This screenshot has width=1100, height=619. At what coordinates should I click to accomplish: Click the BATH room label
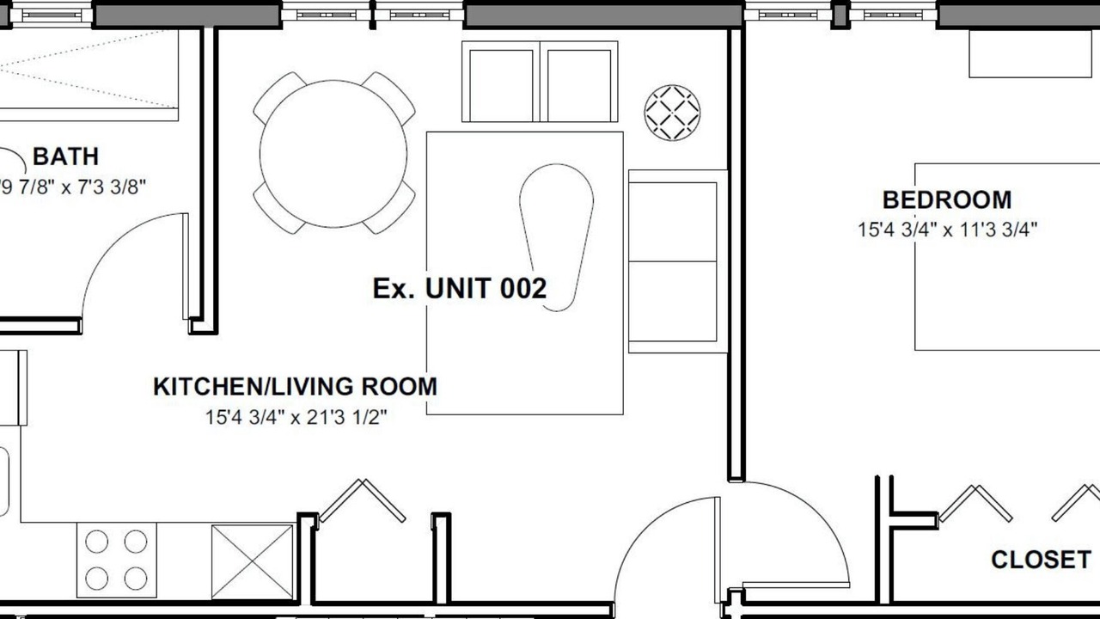[66, 156]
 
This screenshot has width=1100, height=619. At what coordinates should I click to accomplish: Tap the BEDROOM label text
[947, 200]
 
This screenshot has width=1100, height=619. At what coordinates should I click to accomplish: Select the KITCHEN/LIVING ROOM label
[295, 387]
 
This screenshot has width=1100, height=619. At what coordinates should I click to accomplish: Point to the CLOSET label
[1041, 560]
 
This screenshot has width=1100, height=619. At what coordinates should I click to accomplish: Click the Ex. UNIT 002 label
[460, 288]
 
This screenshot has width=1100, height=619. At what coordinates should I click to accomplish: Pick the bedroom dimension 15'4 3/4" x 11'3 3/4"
[947, 230]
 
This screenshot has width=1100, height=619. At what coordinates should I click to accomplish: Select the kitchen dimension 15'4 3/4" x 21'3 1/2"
[296, 418]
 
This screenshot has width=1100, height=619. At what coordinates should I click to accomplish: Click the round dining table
[333, 154]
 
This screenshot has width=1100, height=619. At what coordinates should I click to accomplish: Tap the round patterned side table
[672, 113]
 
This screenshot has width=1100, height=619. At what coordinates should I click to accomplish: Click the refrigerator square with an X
[253, 562]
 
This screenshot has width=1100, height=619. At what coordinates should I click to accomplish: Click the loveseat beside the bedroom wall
[677, 261]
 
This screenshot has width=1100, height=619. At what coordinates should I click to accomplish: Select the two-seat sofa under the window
[540, 82]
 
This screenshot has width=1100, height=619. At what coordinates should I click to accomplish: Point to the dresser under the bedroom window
[1034, 53]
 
